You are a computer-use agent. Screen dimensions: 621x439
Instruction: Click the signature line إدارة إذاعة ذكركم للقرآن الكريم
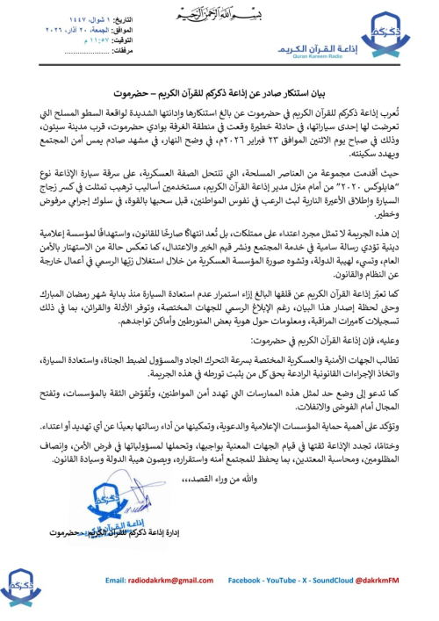coord(123,533)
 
